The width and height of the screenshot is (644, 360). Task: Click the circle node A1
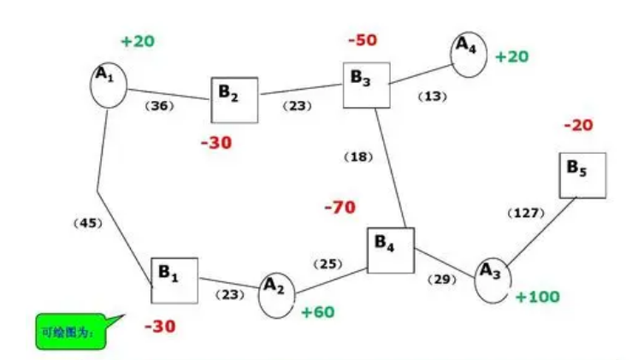(109, 83)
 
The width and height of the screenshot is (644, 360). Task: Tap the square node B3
(366, 85)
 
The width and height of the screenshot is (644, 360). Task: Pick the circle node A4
(465, 54)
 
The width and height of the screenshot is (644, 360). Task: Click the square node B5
(582, 175)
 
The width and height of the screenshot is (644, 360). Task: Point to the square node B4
(390, 250)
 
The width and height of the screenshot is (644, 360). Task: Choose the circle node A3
(492, 278)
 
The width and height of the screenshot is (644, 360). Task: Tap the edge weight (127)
(526, 213)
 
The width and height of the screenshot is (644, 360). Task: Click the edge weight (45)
(89, 223)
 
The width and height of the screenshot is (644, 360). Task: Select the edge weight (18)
(358, 156)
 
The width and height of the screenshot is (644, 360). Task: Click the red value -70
(340, 207)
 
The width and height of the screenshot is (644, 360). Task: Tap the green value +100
(537, 297)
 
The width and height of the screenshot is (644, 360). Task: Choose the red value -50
(363, 40)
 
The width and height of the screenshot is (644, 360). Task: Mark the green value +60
(317, 312)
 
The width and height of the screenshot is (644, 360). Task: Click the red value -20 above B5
(578, 126)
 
